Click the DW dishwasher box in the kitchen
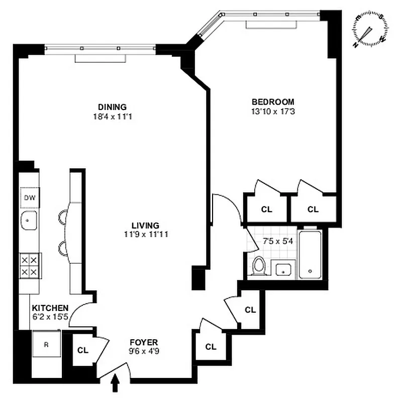click(30, 197)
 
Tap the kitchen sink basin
click(29, 220)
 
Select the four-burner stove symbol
click(30, 265)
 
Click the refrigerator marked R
click(47, 345)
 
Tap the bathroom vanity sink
click(284, 269)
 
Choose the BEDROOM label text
click(272, 101)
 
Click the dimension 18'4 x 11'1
click(112, 116)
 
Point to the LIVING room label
click(146, 225)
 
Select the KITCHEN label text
click(50, 308)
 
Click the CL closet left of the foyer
click(83, 350)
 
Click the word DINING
click(112, 107)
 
